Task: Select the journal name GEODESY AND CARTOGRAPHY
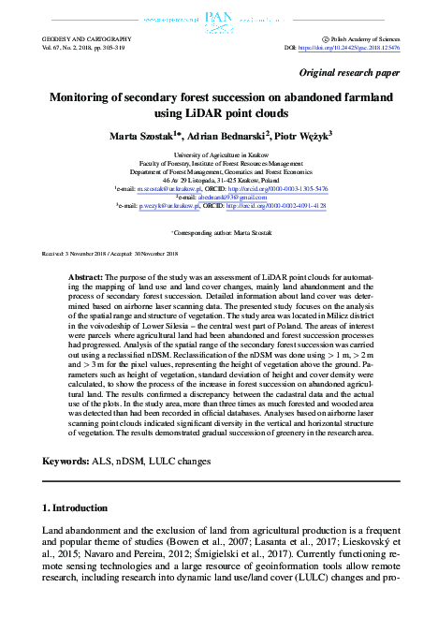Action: coord(87,38)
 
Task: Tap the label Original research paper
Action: coord(349,72)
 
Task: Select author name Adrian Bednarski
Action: coord(235,136)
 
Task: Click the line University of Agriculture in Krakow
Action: coord(218,153)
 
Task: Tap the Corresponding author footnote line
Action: coord(219,230)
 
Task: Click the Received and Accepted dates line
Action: coord(110,254)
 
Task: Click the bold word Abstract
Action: coord(86,279)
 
